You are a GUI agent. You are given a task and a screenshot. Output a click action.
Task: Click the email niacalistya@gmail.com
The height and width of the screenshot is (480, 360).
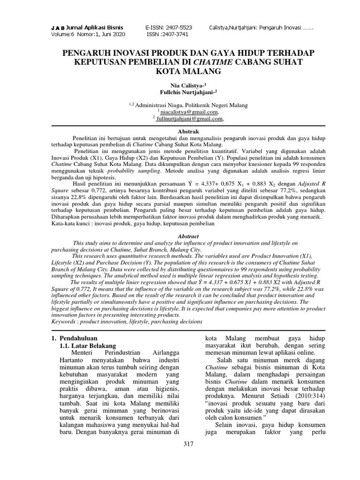tap(189, 112)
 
